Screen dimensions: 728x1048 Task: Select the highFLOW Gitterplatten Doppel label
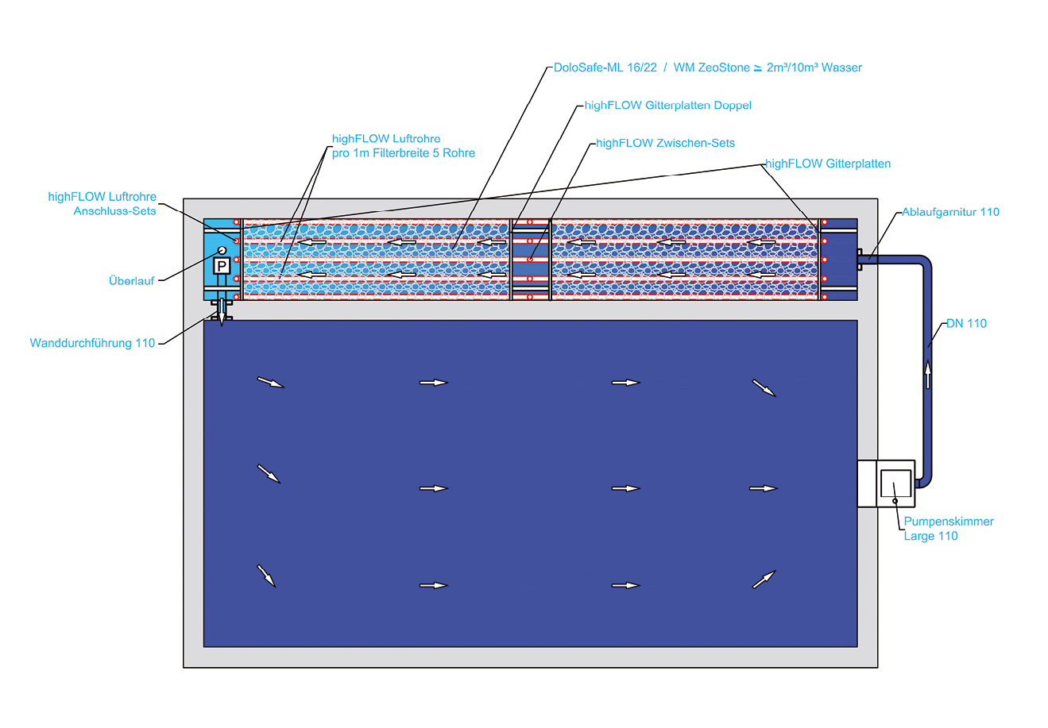click(x=667, y=105)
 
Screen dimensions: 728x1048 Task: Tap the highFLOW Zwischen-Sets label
click(x=665, y=143)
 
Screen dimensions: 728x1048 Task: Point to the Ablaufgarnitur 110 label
click(x=950, y=212)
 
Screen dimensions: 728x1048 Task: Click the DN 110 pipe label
click(x=966, y=323)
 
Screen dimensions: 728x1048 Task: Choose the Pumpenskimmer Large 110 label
click(x=949, y=529)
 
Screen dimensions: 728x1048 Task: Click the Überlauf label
click(x=131, y=281)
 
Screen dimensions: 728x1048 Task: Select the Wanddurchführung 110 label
click(x=92, y=343)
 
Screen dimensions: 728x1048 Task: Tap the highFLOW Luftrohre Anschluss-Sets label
click(x=102, y=204)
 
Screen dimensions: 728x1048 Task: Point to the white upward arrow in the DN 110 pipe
click(x=927, y=373)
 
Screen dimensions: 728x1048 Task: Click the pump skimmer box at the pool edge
click(x=887, y=483)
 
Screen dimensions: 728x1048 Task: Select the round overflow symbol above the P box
click(x=222, y=250)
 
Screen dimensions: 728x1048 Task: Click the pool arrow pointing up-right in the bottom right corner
click(x=764, y=580)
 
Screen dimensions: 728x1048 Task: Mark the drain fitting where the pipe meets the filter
click(x=861, y=259)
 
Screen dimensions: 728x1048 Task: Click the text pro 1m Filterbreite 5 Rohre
click(x=403, y=153)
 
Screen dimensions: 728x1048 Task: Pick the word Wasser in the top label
click(x=841, y=67)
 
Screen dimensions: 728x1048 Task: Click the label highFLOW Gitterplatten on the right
click(x=827, y=164)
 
